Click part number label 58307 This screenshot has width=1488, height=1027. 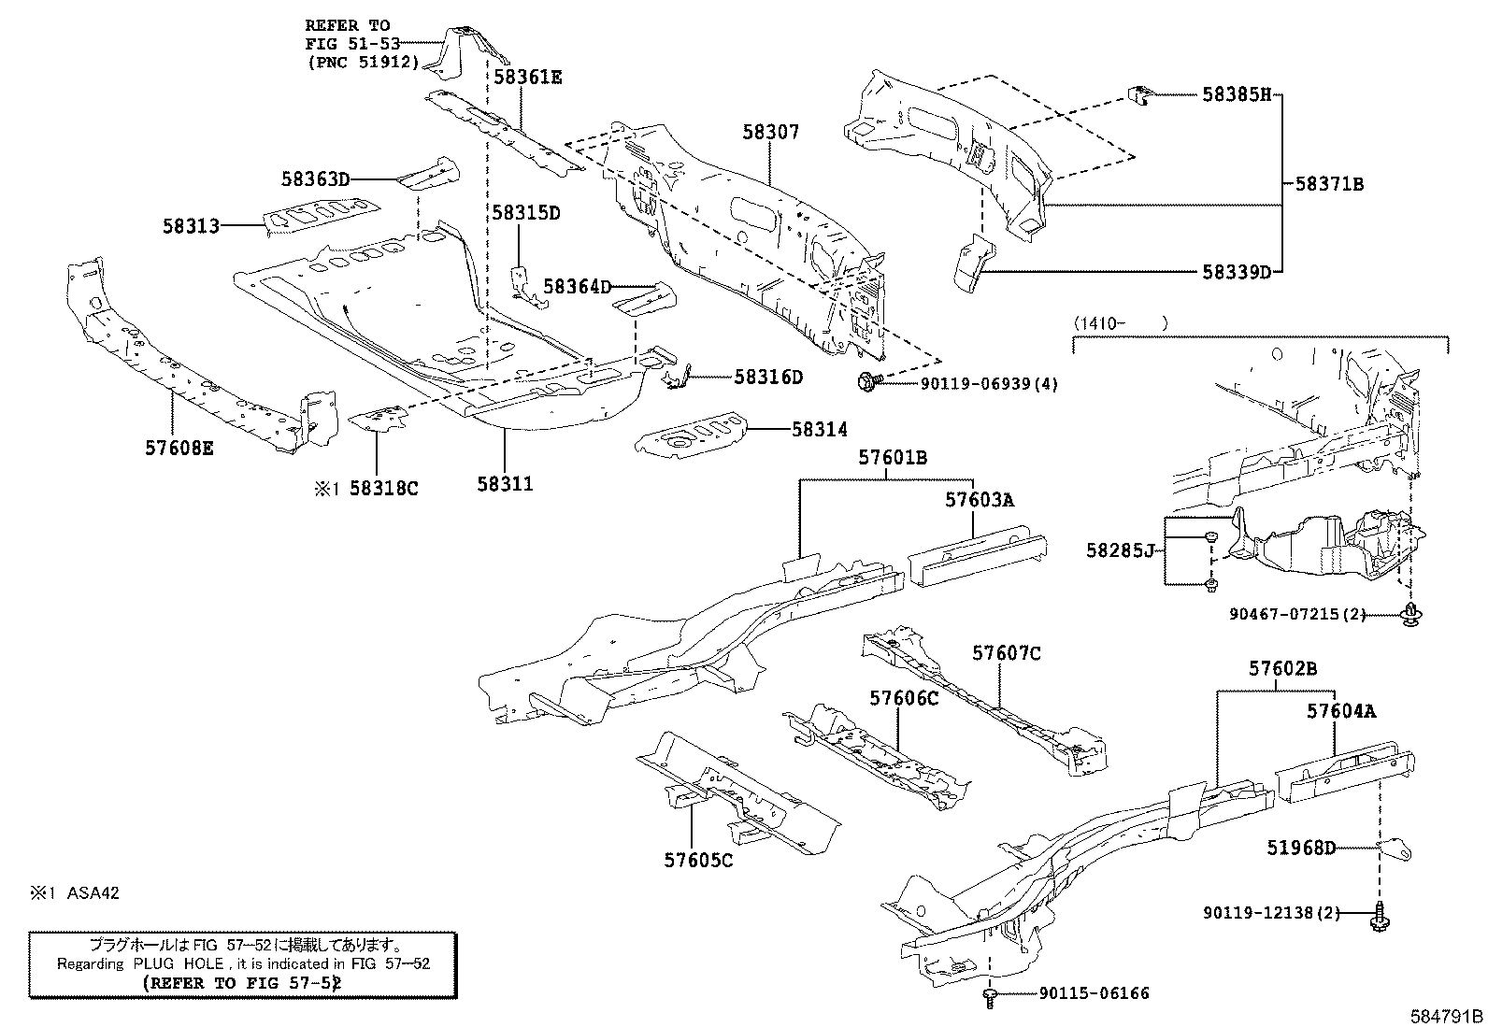click(771, 134)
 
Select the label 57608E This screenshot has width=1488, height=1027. click(179, 449)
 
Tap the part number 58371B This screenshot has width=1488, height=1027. click(1329, 185)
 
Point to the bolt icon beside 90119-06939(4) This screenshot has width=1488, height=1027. click(865, 381)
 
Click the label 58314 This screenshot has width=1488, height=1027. click(820, 430)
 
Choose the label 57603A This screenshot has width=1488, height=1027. click(979, 500)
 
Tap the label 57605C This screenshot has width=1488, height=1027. click(698, 861)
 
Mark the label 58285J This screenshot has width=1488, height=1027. click(1121, 551)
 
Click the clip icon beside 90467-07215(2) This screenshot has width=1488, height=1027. click(1407, 614)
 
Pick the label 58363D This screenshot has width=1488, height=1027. click(315, 178)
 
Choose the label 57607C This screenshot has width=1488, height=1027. click(1006, 654)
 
